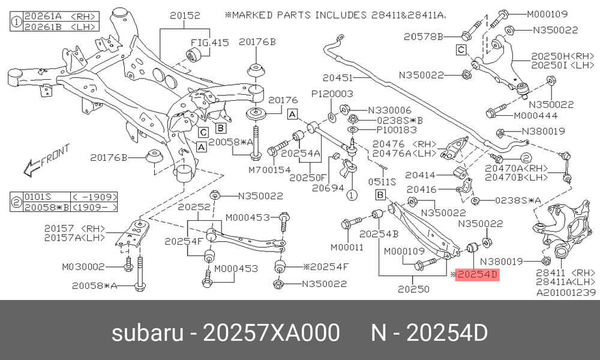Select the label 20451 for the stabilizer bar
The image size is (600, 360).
pos(337,77)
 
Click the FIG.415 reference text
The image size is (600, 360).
pos(209,43)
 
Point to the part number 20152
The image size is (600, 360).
pos(185,16)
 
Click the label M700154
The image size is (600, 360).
pos(270,169)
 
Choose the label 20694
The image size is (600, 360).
pos(328,188)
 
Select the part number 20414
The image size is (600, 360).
pos(420,175)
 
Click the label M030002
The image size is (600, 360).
pos(83,266)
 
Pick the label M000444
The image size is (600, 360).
pos(535,115)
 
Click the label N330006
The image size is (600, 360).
pos(389,110)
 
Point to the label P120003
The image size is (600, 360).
pos(332,94)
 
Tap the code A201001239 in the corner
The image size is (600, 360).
pos(566,293)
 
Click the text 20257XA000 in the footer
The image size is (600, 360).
pos(271,332)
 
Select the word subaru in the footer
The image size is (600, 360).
pos(148,332)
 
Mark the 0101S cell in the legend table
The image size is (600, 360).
pos(37,197)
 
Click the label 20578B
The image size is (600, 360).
pos(423,37)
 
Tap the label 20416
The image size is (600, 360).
pos(421,189)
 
